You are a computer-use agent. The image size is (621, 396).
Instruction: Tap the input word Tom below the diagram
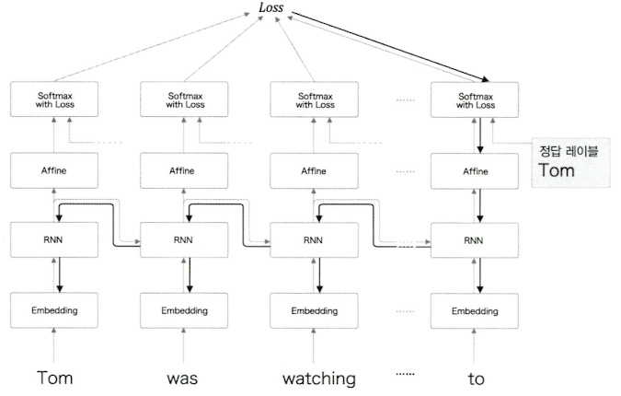point(54,378)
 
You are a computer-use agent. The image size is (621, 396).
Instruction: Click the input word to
point(475,378)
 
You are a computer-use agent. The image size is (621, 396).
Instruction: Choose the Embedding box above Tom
point(56,310)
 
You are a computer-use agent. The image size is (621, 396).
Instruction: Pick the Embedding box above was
point(185,310)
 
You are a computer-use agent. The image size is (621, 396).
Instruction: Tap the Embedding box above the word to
point(477,310)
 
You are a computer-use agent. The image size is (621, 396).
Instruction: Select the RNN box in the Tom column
point(56,241)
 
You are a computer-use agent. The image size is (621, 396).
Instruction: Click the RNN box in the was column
point(185,241)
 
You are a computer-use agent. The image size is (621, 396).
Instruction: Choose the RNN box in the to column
point(477,241)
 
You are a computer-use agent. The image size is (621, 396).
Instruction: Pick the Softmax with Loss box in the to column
point(477,99)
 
